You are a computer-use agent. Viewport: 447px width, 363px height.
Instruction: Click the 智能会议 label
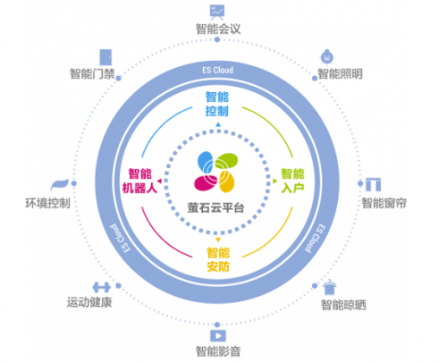coord(218,29)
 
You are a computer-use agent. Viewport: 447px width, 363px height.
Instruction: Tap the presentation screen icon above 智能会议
coord(217,13)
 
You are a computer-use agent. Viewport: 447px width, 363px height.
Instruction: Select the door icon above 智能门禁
coord(105,57)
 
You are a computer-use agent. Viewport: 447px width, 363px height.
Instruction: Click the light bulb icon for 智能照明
coord(327,57)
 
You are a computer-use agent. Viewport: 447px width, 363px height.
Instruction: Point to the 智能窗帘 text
coord(384,203)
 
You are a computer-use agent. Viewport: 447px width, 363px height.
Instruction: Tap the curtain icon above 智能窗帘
coord(374,184)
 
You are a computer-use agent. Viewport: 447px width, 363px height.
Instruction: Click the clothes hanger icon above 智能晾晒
coord(330,287)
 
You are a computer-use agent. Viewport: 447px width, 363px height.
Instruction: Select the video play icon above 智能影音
coord(218,336)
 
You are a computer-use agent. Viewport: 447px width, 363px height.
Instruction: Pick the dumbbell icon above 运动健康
coord(101,288)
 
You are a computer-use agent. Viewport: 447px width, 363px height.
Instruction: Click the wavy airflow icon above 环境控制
coord(59,185)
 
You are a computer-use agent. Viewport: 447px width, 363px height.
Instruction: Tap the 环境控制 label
coord(47,203)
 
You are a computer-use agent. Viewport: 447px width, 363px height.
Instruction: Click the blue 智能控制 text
coord(217,104)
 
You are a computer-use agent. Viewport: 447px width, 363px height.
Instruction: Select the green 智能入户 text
coord(292,181)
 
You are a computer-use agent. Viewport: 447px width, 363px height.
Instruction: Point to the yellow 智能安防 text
coord(218,259)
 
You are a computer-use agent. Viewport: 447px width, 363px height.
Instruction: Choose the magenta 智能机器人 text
coord(139,181)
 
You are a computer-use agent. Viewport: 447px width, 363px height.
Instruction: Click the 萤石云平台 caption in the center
coord(216,207)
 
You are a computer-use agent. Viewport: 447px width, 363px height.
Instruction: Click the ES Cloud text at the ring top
coord(218,71)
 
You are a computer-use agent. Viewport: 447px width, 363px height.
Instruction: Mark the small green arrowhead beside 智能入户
coord(275,181)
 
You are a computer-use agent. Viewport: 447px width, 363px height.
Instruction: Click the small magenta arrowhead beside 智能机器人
coord(159,181)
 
